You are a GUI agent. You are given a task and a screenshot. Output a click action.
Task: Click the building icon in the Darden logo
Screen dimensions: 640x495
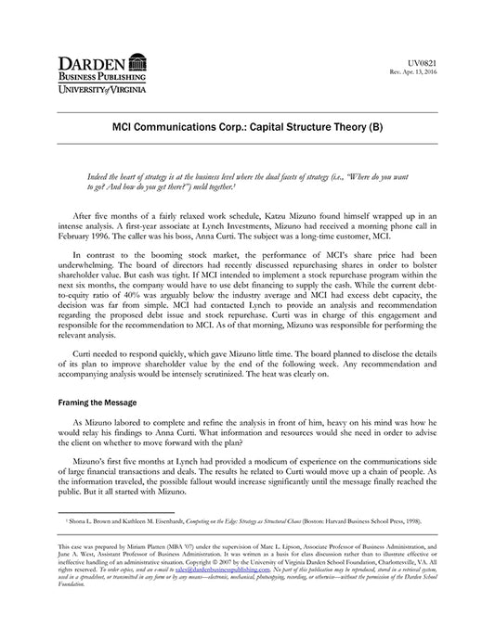tap(137, 63)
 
